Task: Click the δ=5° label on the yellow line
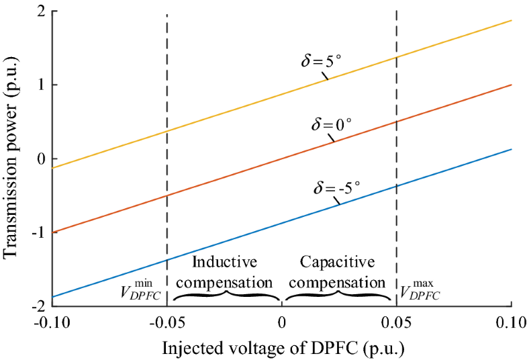click(x=321, y=60)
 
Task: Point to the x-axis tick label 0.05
click(x=397, y=324)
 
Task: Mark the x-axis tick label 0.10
click(x=512, y=324)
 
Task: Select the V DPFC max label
click(x=421, y=289)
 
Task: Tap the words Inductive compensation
click(x=224, y=271)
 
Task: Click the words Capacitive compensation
click(x=338, y=271)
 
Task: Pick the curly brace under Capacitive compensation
click(x=339, y=296)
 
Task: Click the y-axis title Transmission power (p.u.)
click(x=11, y=159)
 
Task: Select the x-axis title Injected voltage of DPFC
click(x=281, y=349)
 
